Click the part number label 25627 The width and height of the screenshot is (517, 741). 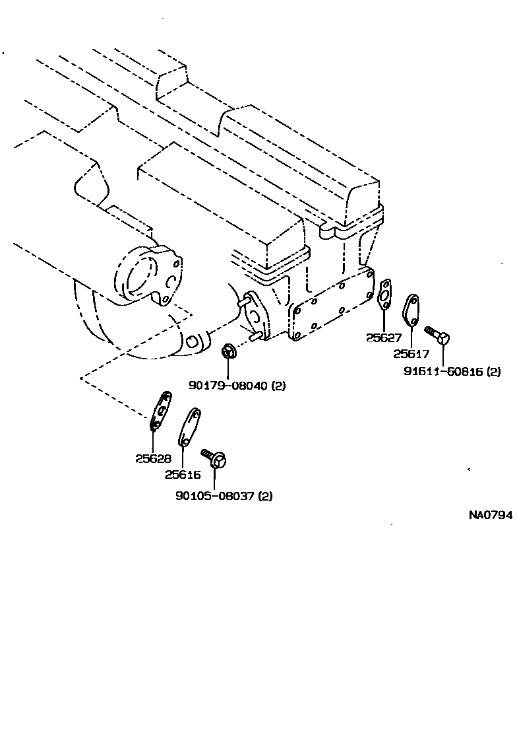point(383,337)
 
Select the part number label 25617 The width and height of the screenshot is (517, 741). point(410,353)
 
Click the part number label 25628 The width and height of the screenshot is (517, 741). point(153,458)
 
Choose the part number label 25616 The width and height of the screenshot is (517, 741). point(183,474)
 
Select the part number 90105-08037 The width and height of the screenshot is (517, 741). point(215,496)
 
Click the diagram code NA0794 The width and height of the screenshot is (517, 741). point(489,515)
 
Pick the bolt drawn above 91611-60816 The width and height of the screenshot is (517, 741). point(437,334)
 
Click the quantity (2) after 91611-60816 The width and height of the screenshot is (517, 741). point(493,372)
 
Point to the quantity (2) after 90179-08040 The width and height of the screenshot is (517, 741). point(278,385)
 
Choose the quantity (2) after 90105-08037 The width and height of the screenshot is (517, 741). point(265,496)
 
